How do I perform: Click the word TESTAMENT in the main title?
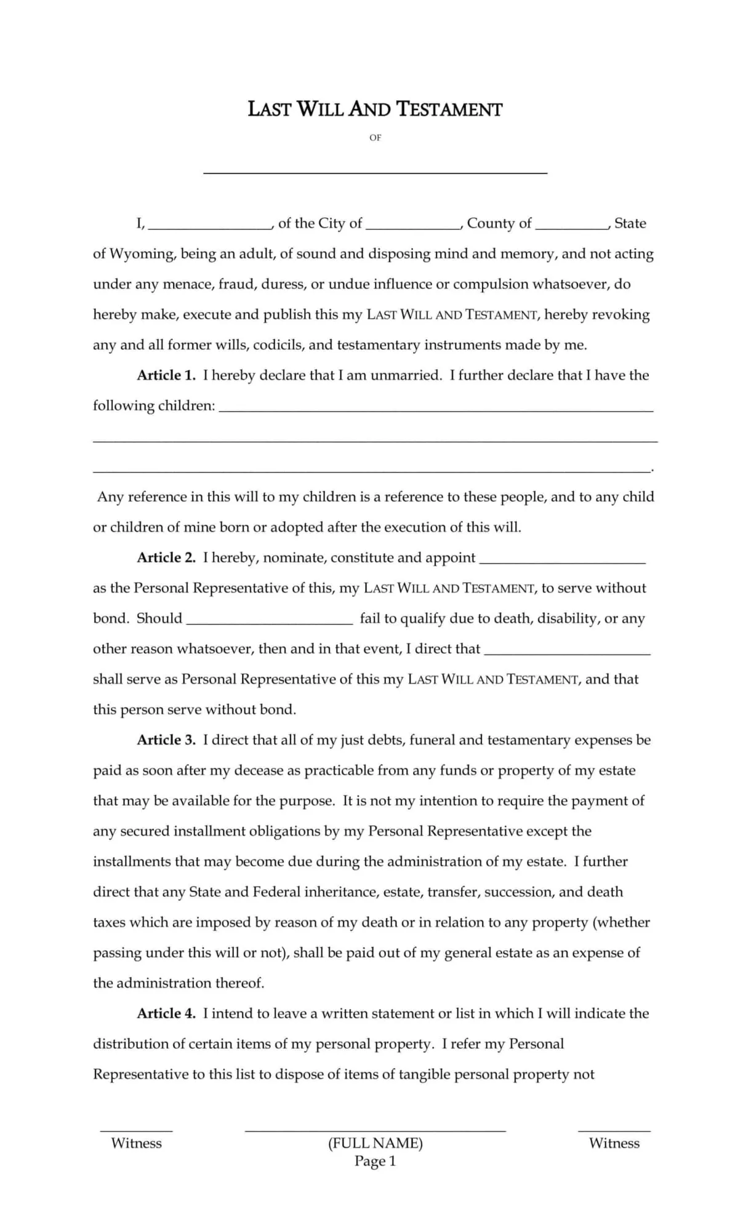449,110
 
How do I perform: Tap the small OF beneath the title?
375,138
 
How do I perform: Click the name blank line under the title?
375,172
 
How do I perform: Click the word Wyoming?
142,254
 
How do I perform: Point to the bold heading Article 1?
166,375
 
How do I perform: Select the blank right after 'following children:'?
436,409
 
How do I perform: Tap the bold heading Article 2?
166,558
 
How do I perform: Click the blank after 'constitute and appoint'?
562,561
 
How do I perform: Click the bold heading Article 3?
166,740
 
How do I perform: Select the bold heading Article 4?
166,1013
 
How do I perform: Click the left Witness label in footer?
136,1143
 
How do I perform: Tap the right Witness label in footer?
614,1143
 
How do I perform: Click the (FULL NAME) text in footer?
375,1143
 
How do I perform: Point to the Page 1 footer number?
375,1162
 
